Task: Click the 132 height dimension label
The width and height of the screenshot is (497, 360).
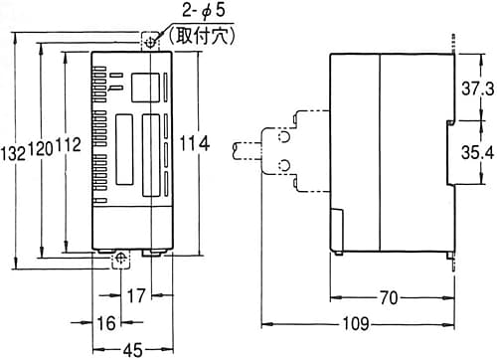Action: pos(14,154)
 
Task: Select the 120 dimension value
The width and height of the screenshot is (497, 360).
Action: pos(41,148)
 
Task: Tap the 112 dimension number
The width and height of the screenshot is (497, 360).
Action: pos(69,145)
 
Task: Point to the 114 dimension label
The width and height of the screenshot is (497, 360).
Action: pos(195,143)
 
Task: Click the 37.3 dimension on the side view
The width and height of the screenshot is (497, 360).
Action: pos(477,89)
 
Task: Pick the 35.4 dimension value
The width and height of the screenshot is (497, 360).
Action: pos(477,152)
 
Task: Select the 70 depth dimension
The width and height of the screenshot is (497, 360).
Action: pos(389,297)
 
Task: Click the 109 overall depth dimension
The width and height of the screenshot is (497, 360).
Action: pos(356,323)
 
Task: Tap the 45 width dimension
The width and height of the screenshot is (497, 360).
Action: pos(132,350)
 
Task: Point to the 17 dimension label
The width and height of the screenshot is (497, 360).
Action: pos(136,295)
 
